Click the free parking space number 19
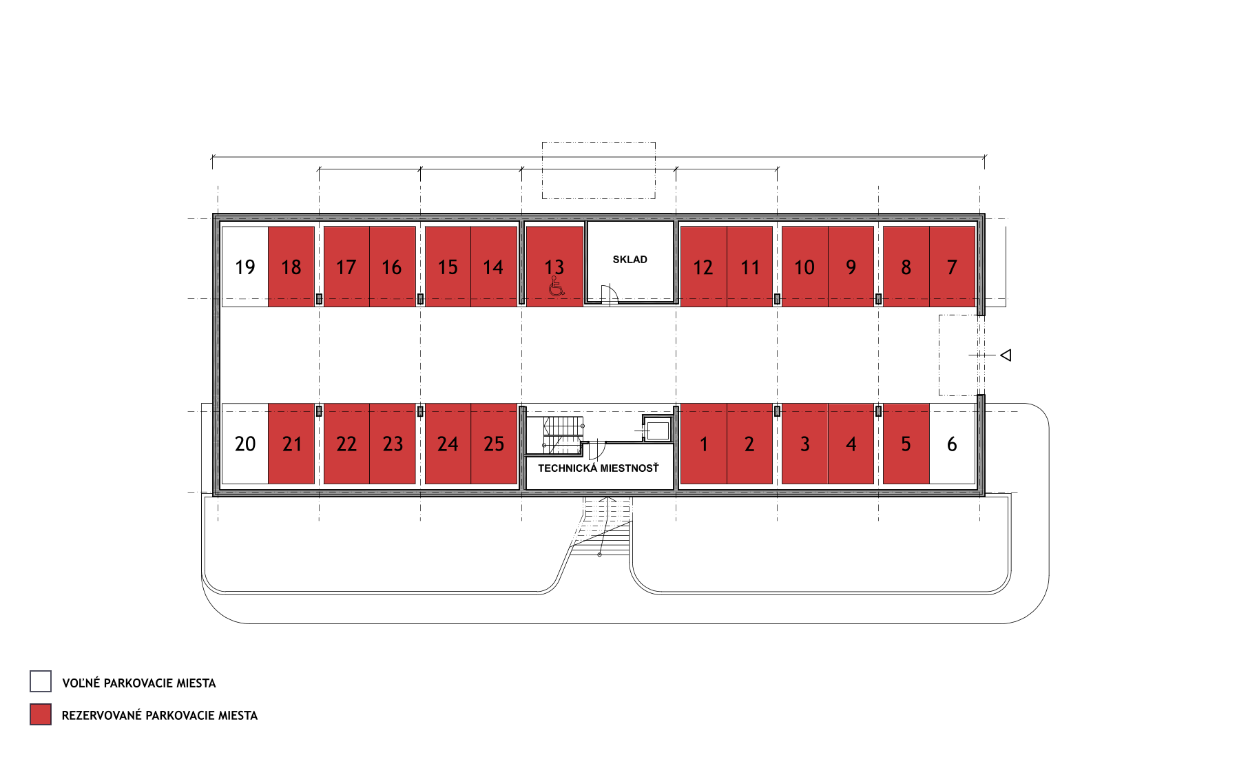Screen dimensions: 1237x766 click(245, 267)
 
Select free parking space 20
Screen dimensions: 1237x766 click(245, 444)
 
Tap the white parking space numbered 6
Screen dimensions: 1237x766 click(952, 444)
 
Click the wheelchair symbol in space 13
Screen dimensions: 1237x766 click(557, 287)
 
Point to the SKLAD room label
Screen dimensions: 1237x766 click(630, 260)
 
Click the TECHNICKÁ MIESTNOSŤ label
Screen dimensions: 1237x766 click(599, 468)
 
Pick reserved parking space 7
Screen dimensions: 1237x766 click(953, 267)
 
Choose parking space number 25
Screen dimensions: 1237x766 click(494, 444)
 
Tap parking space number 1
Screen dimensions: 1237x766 click(704, 444)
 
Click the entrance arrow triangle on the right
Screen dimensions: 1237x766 click(1006, 355)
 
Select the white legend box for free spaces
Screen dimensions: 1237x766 click(41, 681)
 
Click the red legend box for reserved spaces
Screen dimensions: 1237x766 click(41, 714)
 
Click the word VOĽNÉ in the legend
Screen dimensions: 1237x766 click(81, 683)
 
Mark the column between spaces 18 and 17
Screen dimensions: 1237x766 click(319, 299)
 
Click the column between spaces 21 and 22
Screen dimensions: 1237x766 click(319, 411)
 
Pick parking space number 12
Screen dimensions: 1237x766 click(704, 267)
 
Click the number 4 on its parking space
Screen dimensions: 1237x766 click(851, 444)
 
